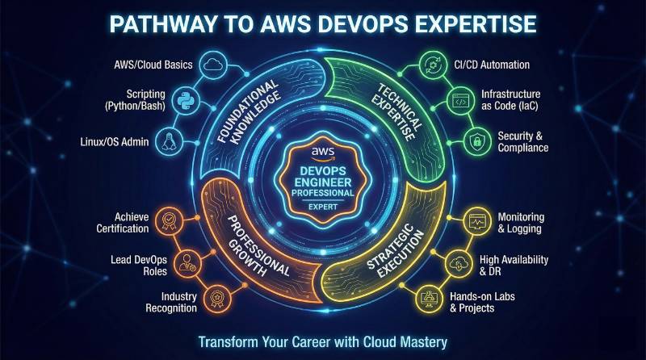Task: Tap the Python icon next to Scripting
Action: (x=191, y=100)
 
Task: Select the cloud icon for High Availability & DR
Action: (x=458, y=262)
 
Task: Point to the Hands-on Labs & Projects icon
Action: (x=430, y=298)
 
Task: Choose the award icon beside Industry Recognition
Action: (x=216, y=298)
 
